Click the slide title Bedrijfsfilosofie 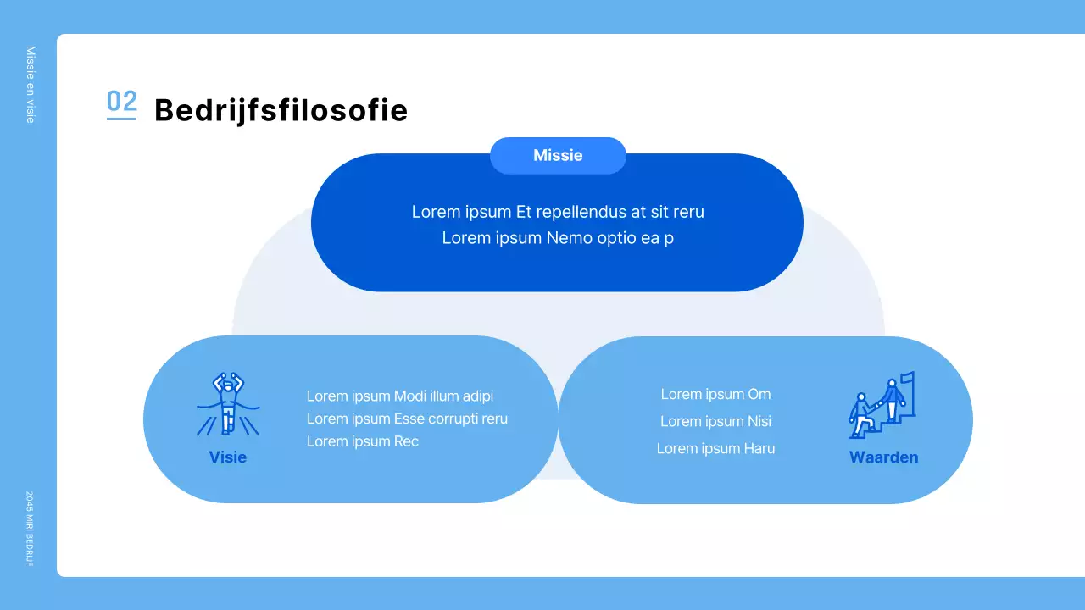pos(281,111)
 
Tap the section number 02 pos(121,103)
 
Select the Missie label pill pos(558,156)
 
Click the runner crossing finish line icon pos(228,404)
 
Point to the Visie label pos(228,457)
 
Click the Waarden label pos(883,457)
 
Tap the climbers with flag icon pos(882,406)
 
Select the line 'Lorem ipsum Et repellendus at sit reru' pos(558,212)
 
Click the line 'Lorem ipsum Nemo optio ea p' pos(558,238)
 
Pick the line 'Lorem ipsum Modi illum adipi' pos(400,396)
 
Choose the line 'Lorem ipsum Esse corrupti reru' pos(407,419)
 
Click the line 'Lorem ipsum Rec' pos(363,441)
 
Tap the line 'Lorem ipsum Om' pos(715,394)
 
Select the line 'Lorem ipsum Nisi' pos(715,421)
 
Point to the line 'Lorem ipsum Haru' pos(715,449)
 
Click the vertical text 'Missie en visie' pos(31,85)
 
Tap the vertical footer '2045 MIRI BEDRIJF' pos(30,529)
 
